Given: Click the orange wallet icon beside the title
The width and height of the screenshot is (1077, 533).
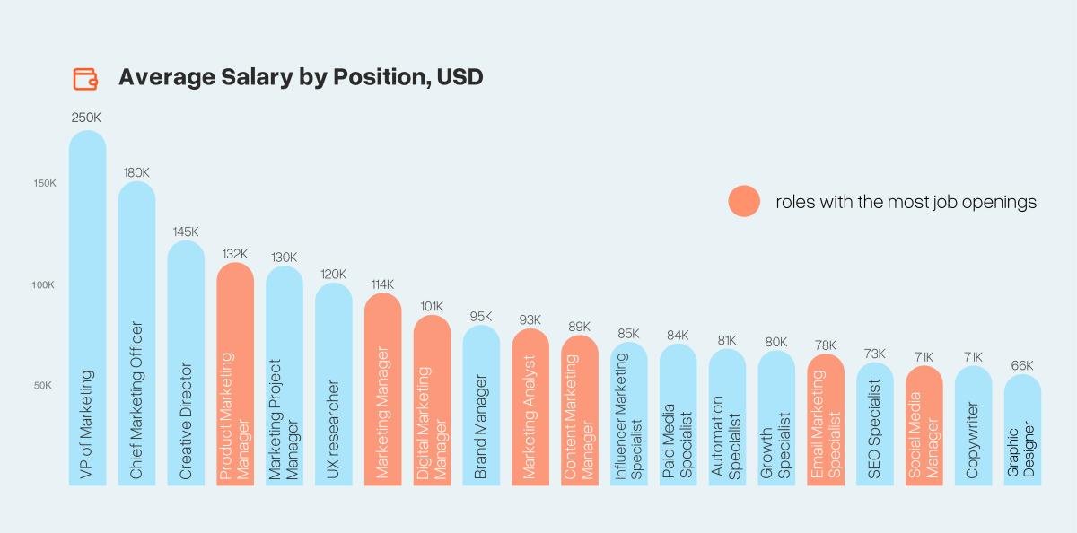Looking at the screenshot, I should point(85,78).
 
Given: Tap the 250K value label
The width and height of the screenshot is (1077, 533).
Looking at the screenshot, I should point(87,118).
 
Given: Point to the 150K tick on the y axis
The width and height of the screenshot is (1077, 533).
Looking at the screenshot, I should point(44,183).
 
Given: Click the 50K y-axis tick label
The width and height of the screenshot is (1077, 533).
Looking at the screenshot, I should point(44,386).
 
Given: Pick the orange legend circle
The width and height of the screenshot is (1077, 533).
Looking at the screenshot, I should point(744,202).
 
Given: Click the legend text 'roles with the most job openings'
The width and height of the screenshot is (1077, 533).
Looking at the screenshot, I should point(906,202).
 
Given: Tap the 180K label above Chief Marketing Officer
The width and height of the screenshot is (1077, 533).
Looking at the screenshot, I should point(136,171).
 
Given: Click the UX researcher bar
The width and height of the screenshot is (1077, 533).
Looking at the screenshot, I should point(334,386).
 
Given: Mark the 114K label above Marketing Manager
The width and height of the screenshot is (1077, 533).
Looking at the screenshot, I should point(383,284).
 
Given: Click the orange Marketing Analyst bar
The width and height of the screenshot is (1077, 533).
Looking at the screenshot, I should point(530,408).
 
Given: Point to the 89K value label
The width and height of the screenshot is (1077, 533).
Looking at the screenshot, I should point(580,326).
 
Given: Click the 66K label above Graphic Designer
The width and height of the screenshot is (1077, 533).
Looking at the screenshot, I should point(1022,365).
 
